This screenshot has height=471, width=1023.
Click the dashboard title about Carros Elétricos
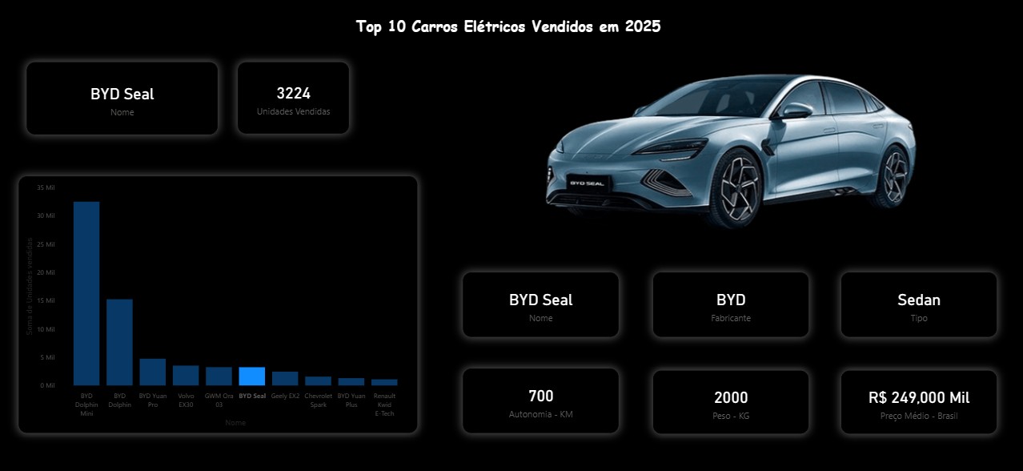tap(508, 26)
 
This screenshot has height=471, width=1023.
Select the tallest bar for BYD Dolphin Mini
tap(86, 293)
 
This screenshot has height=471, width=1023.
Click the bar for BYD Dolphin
tap(119, 342)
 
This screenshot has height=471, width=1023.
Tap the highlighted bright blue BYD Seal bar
tap(252, 376)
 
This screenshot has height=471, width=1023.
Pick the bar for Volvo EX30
tap(186, 376)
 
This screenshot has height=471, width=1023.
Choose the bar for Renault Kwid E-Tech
tap(384, 382)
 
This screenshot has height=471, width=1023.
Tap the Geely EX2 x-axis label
tap(285, 396)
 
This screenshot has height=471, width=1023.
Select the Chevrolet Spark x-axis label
tap(318, 400)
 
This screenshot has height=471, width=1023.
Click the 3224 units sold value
tap(293, 93)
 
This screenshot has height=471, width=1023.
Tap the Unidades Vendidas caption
tap(293, 111)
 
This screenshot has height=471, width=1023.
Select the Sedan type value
tap(919, 300)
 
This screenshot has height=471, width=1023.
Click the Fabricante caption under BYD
tap(731, 318)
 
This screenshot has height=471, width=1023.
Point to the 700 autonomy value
tap(541, 396)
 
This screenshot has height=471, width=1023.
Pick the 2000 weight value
tap(731, 397)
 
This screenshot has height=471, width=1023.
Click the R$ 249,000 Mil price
tap(919, 397)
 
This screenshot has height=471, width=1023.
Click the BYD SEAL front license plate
tap(588, 183)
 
